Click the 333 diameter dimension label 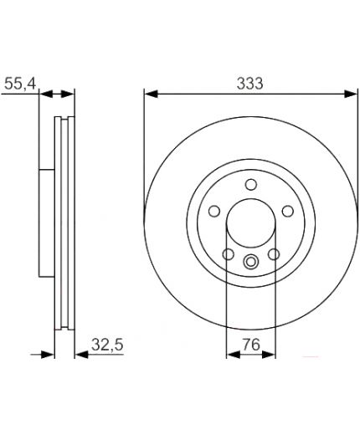click(249, 84)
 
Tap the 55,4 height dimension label click(20, 84)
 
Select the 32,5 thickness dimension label click(107, 345)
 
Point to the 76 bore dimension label click(251, 345)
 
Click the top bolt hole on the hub click(251, 185)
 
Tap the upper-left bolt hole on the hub click(214, 211)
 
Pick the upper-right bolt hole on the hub click(288, 211)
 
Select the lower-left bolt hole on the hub click(229, 254)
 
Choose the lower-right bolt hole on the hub click(274, 254)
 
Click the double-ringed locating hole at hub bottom click(251, 262)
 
